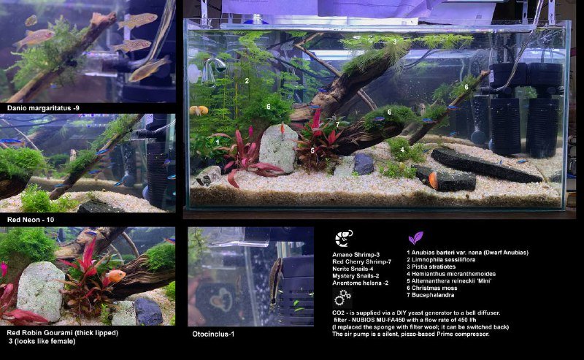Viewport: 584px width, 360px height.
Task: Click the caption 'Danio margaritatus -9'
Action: (43, 109)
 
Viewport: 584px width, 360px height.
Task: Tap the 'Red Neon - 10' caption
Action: (31, 220)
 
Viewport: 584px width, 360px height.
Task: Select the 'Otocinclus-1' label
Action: (213, 334)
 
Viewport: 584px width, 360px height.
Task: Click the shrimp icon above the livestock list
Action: (343, 239)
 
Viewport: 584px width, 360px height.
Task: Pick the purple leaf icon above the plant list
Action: (415, 238)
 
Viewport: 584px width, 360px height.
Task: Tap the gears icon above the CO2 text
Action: (342, 297)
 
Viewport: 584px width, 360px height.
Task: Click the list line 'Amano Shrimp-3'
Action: (356, 255)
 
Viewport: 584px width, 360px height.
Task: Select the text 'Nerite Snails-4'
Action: (353, 269)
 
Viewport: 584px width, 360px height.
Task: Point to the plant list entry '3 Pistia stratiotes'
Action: (431, 267)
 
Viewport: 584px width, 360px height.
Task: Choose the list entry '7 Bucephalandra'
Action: (430, 295)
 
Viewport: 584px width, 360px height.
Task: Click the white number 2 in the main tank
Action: (247, 80)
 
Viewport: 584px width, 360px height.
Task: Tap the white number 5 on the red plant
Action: (312, 150)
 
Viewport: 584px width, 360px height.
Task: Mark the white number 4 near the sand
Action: (402, 150)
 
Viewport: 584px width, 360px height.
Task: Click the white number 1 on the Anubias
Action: (218, 142)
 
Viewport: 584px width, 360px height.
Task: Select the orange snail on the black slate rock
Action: (433, 180)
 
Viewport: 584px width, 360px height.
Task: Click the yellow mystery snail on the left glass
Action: (199, 110)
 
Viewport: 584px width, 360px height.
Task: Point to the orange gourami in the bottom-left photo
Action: (115, 276)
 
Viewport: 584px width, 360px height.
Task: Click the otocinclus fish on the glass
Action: (275, 283)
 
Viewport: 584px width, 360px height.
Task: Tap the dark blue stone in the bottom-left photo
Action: (148, 312)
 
